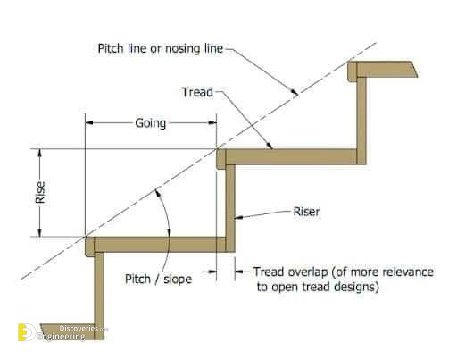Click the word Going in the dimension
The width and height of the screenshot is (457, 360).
[x=151, y=123]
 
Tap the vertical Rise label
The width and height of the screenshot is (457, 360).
[x=40, y=192]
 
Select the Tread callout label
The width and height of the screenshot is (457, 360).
[x=197, y=92]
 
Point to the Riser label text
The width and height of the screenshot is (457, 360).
[x=306, y=212]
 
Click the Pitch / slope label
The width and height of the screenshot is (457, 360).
[x=158, y=280]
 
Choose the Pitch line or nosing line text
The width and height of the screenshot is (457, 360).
[x=161, y=48]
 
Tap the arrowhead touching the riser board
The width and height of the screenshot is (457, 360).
[x=238, y=217]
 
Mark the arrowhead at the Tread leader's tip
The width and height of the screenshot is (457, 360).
[x=270, y=146]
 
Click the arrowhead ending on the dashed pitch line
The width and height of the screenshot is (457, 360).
[x=295, y=92]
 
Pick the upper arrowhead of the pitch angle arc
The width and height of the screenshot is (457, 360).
[x=158, y=192]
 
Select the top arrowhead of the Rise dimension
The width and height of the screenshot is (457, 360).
[x=40, y=153]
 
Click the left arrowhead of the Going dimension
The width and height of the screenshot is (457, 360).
[x=89, y=123]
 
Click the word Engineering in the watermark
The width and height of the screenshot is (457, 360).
[x=62, y=337]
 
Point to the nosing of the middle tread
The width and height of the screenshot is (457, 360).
[x=221, y=159]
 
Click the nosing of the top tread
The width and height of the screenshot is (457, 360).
[x=353, y=71]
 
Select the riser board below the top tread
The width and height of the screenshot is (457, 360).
[x=361, y=121]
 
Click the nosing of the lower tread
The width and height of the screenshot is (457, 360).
[x=90, y=247]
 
